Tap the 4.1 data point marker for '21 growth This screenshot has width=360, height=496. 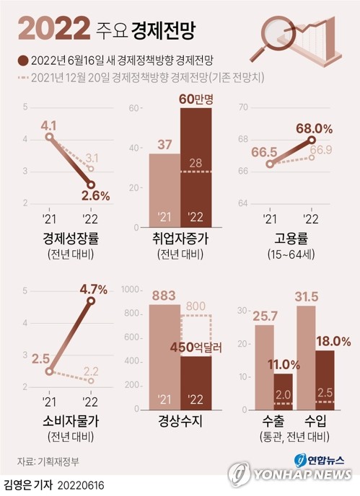(x=48, y=136)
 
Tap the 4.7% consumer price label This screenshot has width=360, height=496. (x=93, y=289)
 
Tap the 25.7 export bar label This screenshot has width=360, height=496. (x=264, y=315)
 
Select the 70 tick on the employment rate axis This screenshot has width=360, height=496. (x=242, y=107)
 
